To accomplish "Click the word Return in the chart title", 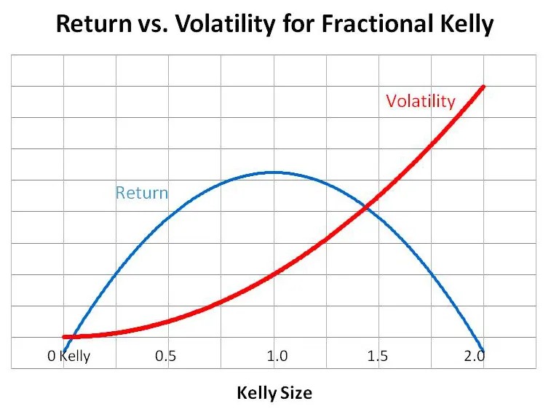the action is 94,24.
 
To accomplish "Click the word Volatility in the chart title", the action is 225,24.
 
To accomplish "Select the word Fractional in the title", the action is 377,24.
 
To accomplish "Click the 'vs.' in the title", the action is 153,26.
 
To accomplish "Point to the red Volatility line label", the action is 421,101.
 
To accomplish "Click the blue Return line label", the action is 142,193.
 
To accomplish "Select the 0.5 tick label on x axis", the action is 165,357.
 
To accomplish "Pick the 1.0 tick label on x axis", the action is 277,357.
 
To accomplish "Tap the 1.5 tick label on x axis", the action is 378,357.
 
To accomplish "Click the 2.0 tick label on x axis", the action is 475,357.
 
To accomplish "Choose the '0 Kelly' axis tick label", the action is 69,357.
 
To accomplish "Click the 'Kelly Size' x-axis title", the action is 274,393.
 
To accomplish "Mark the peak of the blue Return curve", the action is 274,172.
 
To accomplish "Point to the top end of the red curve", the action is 483,87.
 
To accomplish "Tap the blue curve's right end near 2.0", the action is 483,350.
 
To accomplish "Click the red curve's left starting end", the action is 64,337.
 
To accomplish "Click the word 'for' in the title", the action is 298,24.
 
